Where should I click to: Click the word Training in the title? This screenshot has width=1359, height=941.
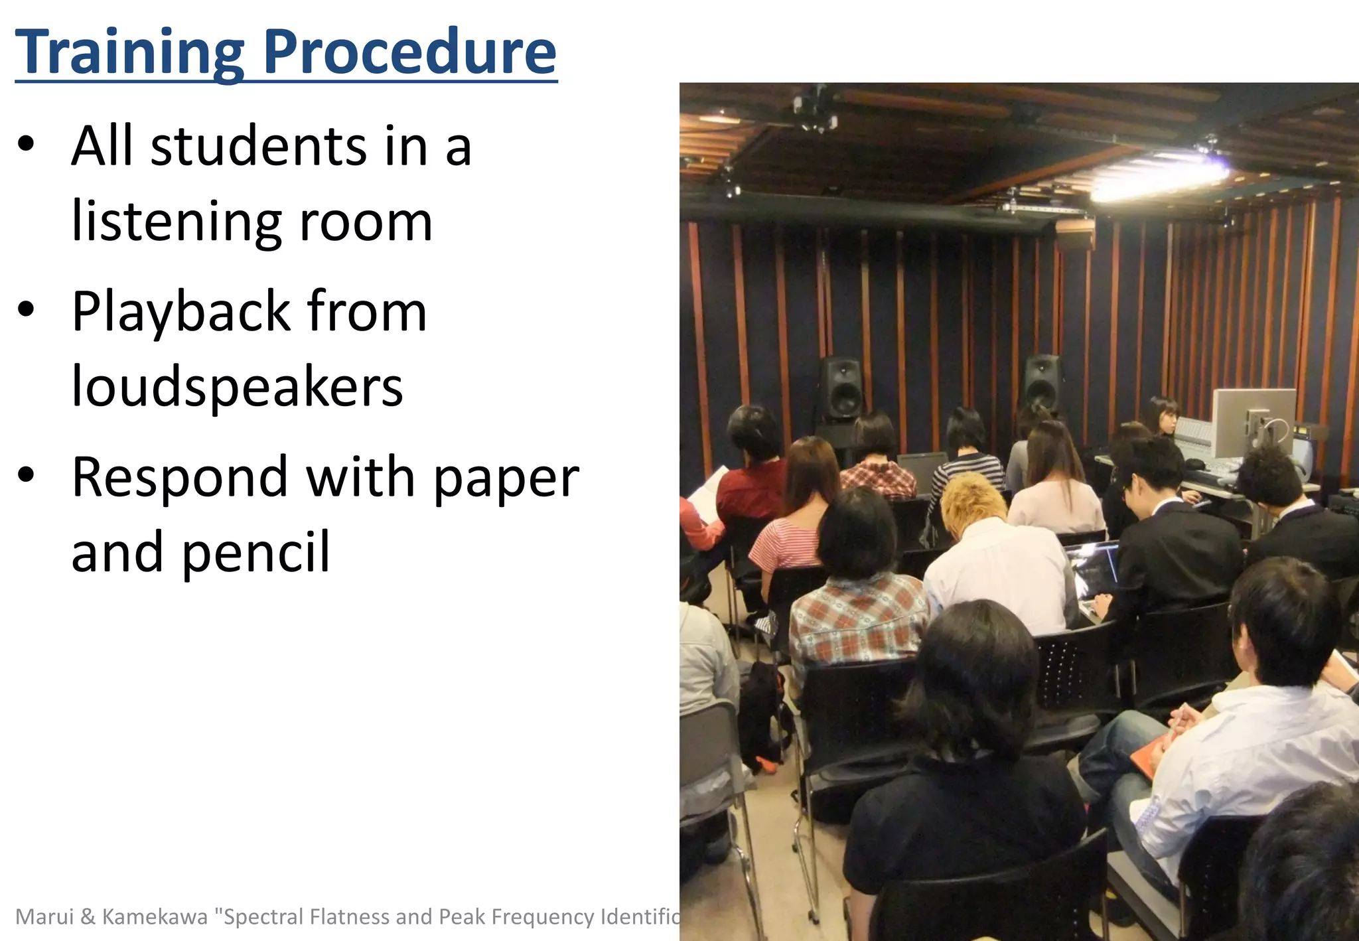point(130,53)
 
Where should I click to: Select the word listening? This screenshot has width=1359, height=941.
point(176,222)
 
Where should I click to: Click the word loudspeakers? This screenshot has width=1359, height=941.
point(237,386)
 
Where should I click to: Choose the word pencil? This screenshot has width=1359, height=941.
point(255,552)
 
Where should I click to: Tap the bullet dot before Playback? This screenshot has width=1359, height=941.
point(26,309)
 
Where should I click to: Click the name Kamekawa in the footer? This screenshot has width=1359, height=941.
point(155,916)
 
